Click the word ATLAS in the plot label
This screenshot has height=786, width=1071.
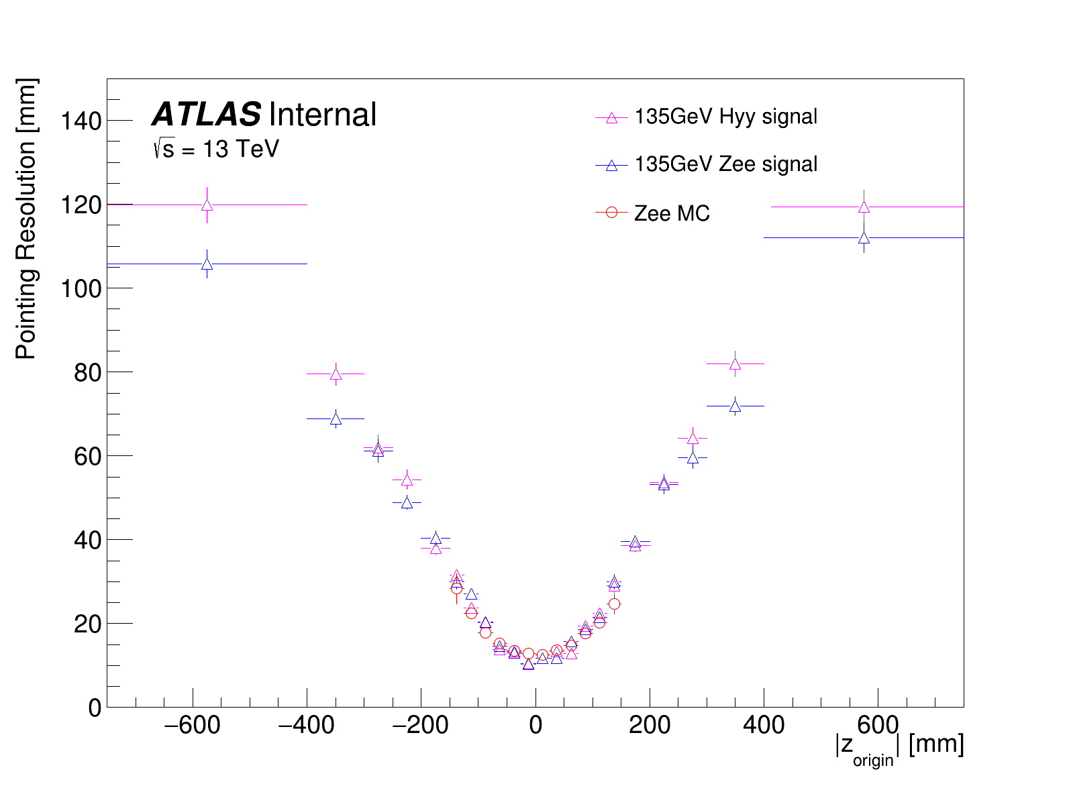click(206, 115)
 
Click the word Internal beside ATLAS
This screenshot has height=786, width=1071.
click(322, 115)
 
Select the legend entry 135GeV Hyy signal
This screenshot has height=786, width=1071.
click(725, 117)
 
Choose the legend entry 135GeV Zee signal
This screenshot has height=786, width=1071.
click(725, 164)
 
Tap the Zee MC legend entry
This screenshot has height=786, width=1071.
click(672, 213)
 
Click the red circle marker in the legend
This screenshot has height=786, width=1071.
click(611, 213)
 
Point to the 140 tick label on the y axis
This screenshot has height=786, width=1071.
click(81, 121)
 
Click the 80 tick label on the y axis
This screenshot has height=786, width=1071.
click(88, 372)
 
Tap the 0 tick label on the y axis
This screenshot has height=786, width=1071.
click(95, 708)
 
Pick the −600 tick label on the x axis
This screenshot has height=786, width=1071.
click(192, 725)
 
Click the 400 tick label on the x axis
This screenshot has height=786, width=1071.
click(764, 725)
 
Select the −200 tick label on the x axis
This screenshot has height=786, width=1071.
click(421, 725)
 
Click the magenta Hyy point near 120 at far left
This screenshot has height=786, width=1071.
click(207, 205)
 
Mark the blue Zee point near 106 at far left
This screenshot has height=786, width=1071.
click(207, 264)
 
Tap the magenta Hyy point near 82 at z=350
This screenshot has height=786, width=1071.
click(735, 364)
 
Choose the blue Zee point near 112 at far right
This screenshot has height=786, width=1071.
click(864, 238)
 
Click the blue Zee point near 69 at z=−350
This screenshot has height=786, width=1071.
click(336, 419)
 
